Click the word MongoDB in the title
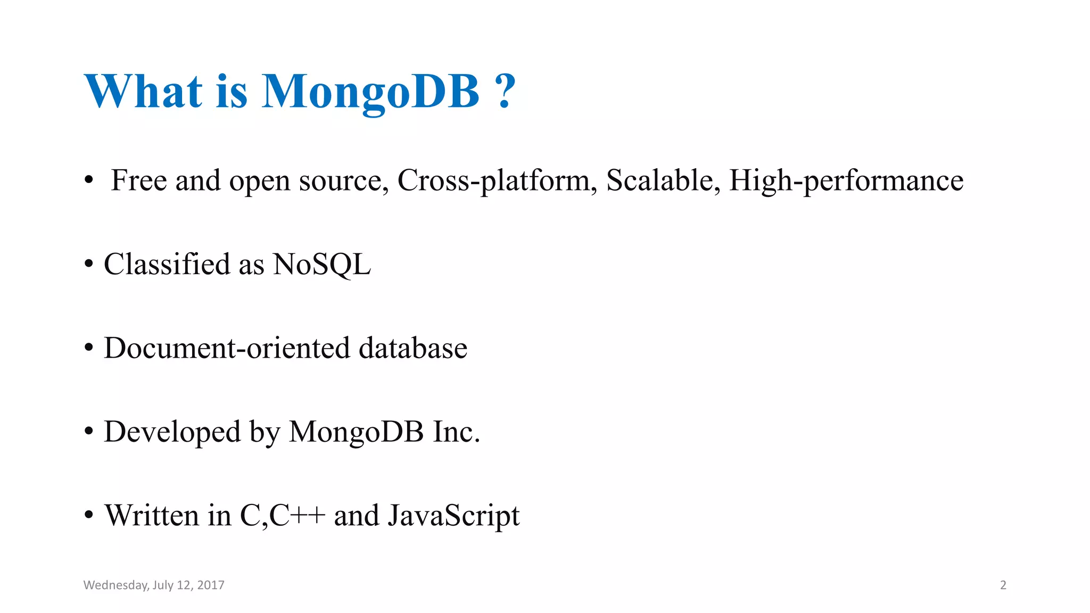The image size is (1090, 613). pyautogui.click(x=370, y=92)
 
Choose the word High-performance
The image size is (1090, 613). pyautogui.click(x=846, y=181)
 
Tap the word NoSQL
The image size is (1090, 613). pyautogui.click(x=321, y=264)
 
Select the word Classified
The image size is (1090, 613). pyautogui.click(x=167, y=264)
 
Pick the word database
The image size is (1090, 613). pyautogui.click(x=413, y=348)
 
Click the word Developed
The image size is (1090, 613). pyautogui.click(x=172, y=432)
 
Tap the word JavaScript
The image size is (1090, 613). pyautogui.click(x=453, y=516)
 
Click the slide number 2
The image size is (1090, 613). pyautogui.click(x=1003, y=585)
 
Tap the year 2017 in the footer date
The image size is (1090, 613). pyautogui.click(x=211, y=585)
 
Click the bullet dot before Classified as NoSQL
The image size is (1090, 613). pyautogui.click(x=89, y=264)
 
